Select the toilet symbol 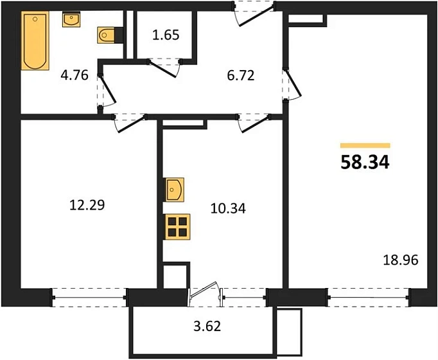coord(107,35)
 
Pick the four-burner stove coord(177,227)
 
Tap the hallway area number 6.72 coord(241,76)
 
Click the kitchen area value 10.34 coord(228,208)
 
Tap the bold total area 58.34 coord(365,163)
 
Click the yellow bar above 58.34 coord(365,145)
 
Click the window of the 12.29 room coord(89,298)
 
